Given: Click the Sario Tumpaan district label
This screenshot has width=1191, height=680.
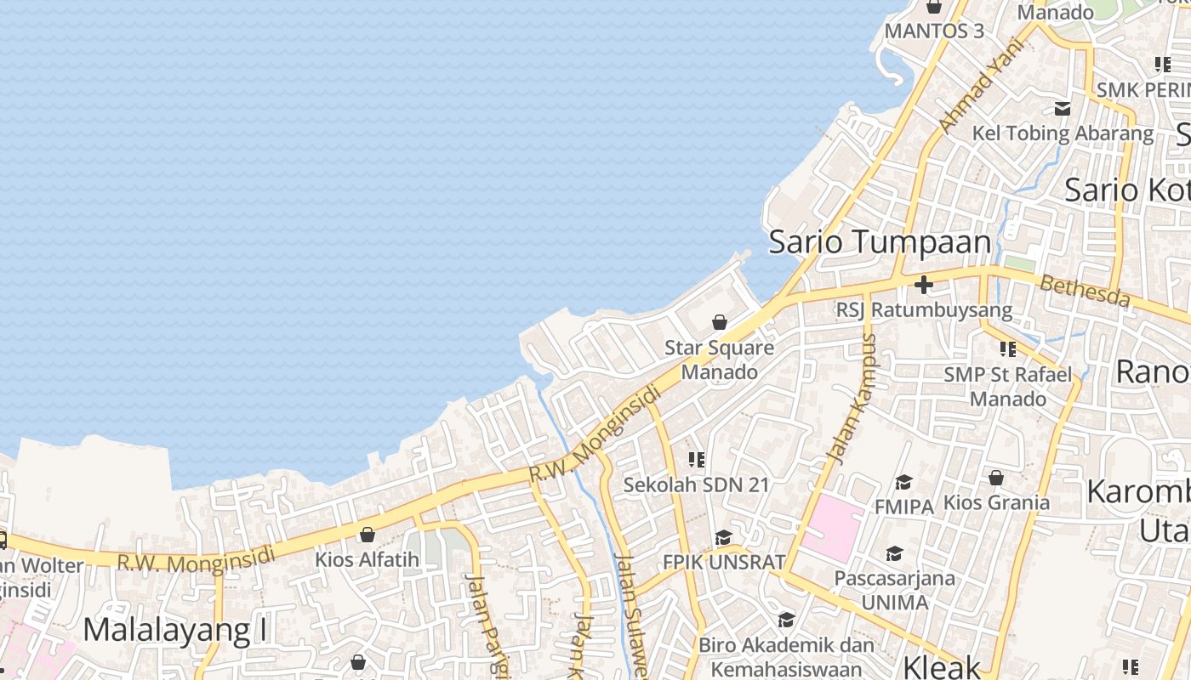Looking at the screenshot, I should tap(880, 242).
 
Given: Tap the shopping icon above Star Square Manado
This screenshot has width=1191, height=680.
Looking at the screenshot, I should tap(719, 322).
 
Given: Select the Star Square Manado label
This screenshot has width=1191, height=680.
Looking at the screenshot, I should tap(719, 360).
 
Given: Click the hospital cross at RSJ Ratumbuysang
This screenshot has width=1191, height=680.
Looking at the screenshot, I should tap(924, 284).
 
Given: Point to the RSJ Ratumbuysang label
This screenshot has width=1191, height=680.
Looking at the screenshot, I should tap(924, 310).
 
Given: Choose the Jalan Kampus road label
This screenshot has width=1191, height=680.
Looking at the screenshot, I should tap(852, 399).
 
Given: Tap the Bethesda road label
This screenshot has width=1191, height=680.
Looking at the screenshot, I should tap(1085, 292).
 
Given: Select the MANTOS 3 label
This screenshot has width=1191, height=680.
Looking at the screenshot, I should tap(934, 31).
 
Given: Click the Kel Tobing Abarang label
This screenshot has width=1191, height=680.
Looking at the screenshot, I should tap(1063, 133).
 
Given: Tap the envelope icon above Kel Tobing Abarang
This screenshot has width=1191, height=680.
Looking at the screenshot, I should tap(1063, 109).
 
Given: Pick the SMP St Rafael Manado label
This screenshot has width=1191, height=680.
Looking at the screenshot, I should tap(1008, 386).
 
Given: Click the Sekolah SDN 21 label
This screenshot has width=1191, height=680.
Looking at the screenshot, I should tap(696, 485).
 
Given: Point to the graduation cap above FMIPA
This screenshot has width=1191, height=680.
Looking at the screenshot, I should tap(903, 482).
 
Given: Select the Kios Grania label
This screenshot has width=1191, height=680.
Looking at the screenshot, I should tap(996, 502).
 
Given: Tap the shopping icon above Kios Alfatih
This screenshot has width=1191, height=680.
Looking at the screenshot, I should tap(368, 535).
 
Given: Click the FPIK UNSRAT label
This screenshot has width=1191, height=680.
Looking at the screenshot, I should tap(723, 562).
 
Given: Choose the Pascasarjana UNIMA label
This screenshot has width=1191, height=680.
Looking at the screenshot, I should tap(894, 590).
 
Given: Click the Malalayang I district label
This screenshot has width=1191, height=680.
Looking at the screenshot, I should tap(175, 630).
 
